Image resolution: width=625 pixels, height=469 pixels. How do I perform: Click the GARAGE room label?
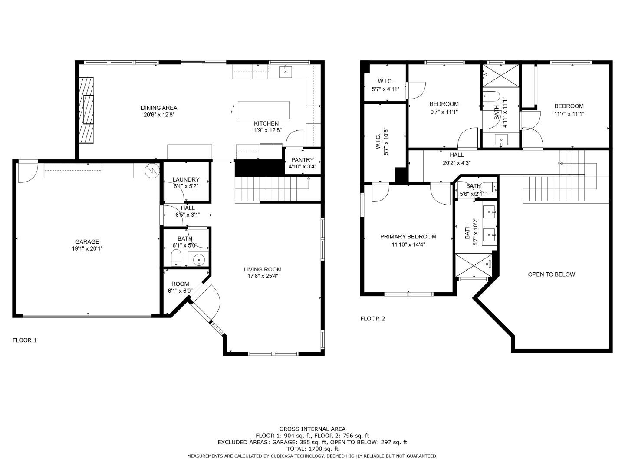click(87, 242)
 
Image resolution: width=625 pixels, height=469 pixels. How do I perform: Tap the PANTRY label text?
click(302, 160)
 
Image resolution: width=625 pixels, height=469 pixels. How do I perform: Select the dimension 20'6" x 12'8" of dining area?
click(159, 115)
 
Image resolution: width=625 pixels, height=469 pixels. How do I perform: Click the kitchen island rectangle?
click(263, 110)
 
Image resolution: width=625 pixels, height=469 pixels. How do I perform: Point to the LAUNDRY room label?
click(186, 179)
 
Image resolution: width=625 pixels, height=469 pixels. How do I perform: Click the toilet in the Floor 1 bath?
click(176, 258)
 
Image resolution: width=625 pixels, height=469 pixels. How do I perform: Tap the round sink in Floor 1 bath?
click(199, 260)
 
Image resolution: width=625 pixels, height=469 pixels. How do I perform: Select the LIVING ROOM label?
click(263, 269)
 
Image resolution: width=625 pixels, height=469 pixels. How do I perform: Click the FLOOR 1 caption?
click(25, 340)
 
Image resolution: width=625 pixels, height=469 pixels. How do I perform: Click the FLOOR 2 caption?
click(372, 319)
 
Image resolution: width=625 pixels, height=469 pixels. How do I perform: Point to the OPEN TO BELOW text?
click(551, 274)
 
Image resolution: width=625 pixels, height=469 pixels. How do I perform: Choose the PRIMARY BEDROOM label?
click(408, 237)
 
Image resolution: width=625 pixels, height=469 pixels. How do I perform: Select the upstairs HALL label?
click(457, 155)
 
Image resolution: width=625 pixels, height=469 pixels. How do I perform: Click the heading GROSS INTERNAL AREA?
click(312, 429)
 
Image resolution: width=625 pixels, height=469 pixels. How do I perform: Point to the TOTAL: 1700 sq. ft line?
click(312, 449)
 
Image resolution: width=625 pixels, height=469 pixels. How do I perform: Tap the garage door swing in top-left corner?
click(27, 171)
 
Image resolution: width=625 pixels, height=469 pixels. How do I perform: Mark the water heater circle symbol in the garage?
click(152, 170)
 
